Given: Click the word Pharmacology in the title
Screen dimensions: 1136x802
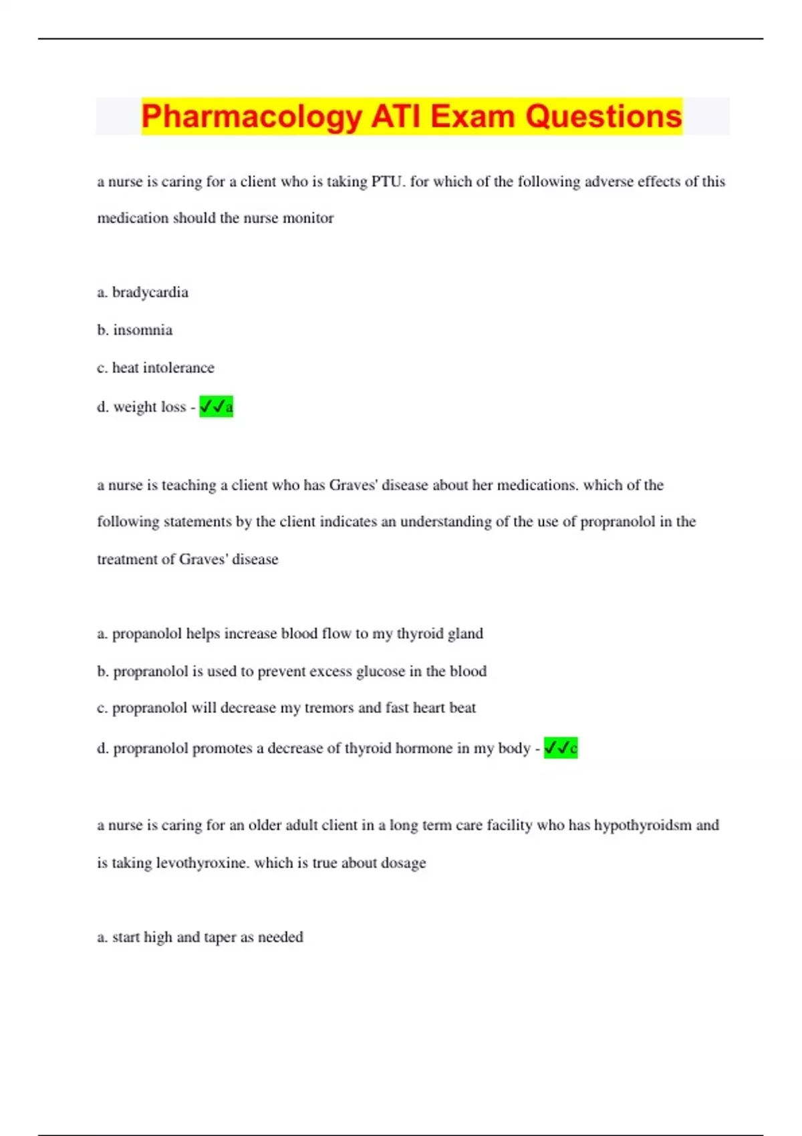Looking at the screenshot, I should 251,116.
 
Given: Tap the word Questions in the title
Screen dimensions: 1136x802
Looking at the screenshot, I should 603,116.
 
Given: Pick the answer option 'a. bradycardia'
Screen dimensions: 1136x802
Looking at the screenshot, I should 142,293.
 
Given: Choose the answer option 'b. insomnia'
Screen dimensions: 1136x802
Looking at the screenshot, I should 134,330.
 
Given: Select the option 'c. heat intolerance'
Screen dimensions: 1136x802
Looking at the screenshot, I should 155,368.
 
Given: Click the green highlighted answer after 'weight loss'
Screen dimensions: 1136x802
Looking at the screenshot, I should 216,406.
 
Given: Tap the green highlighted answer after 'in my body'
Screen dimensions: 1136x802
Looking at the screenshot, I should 560,748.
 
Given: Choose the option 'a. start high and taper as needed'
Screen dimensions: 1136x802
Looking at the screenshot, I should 200,937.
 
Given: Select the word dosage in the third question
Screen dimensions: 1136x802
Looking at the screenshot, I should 403,863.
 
